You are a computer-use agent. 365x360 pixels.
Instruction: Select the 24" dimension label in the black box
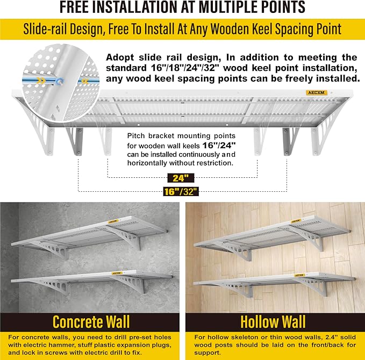click(x=177, y=178)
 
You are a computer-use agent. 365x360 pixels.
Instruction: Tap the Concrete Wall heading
click(x=91, y=322)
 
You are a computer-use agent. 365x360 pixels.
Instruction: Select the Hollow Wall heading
click(x=273, y=322)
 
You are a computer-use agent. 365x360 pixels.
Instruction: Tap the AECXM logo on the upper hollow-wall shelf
click(x=295, y=221)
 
